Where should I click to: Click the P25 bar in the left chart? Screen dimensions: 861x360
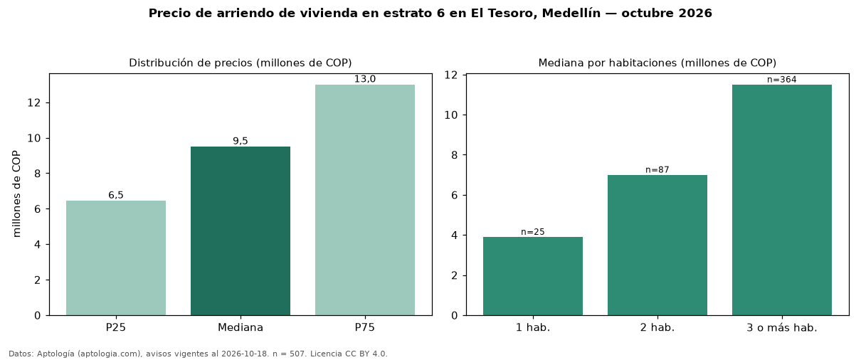click(x=116, y=258)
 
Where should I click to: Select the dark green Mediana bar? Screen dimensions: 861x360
click(x=241, y=231)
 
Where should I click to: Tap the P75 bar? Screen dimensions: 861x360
click(x=365, y=200)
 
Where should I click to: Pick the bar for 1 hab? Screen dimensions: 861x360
click(x=533, y=276)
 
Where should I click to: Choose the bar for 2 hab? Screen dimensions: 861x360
click(x=657, y=245)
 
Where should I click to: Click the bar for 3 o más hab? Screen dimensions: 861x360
click(x=782, y=200)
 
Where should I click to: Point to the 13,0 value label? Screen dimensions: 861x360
click(x=365, y=79)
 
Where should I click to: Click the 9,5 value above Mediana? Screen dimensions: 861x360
click(x=241, y=141)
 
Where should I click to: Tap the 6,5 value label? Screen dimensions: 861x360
click(x=116, y=195)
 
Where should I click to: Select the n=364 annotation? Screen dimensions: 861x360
click(x=782, y=80)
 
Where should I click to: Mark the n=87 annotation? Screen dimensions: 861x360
click(x=657, y=170)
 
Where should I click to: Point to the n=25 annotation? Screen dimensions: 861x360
click(x=533, y=232)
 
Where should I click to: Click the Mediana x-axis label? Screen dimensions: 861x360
click(x=241, y=327)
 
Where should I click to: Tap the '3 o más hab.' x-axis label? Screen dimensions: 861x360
click(x=782, y=328)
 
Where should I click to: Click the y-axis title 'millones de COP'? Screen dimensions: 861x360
click(x=16, y=194)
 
